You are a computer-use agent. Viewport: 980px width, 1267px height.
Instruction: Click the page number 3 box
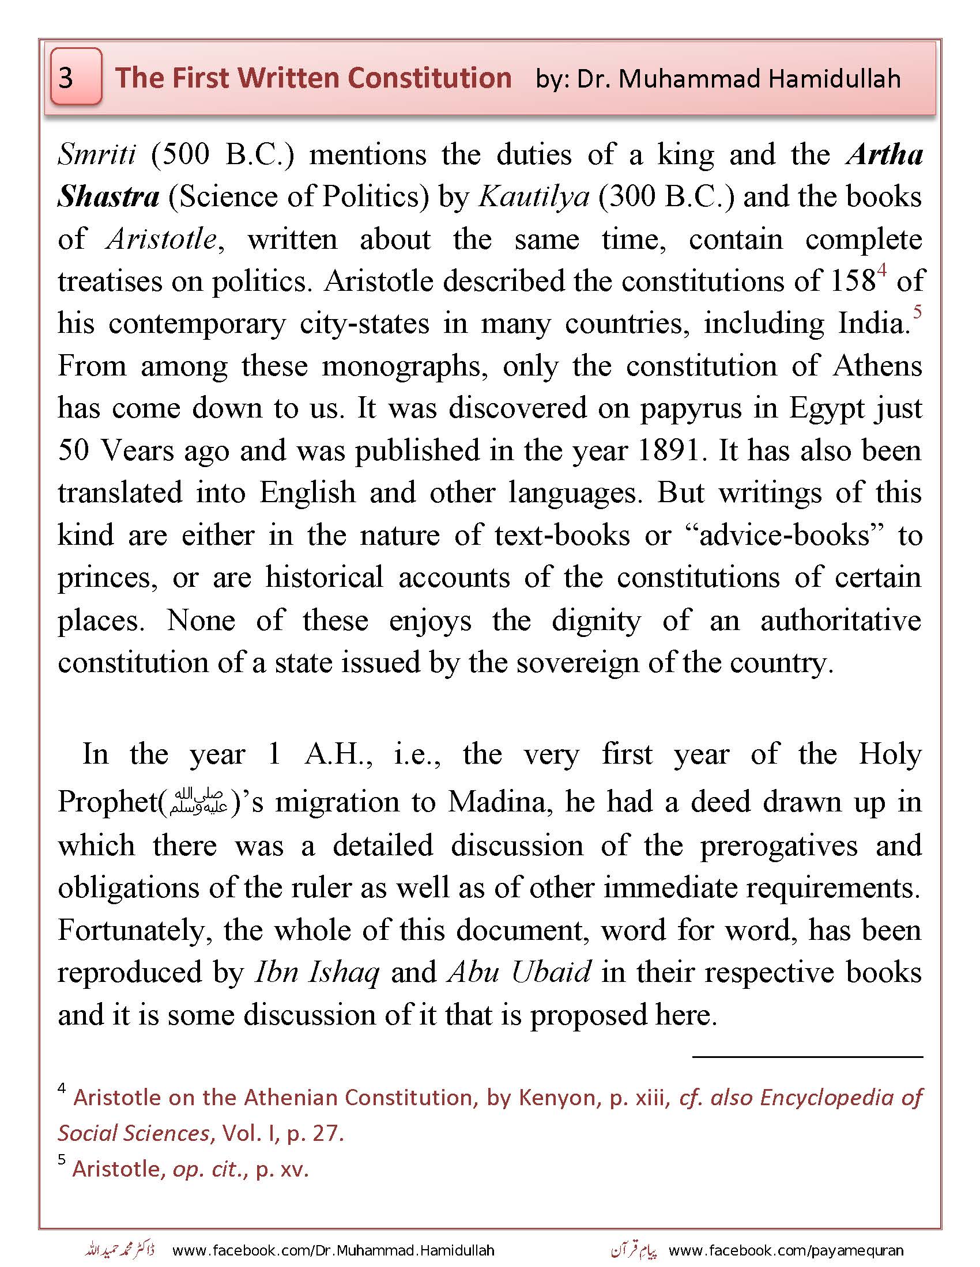(76, 77)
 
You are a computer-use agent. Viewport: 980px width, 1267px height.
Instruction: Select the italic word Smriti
(96, 155)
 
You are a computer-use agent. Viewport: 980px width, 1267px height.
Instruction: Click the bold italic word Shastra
(108, 197)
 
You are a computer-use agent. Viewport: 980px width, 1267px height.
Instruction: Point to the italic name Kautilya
(534, 197)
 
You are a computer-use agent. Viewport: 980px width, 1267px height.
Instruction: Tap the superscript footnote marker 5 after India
(917, 312)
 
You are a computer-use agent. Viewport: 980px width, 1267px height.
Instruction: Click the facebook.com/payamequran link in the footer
(786, 1250)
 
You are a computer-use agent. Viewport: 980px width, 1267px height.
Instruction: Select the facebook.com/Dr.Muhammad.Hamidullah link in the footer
(333, 1250)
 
